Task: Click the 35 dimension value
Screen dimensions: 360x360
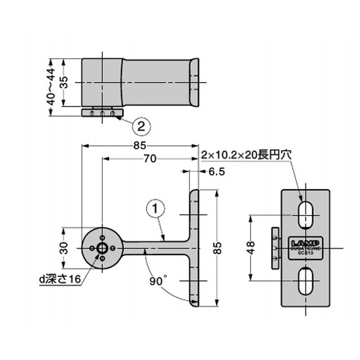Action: click(64, 82)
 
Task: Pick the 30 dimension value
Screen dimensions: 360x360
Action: click(64, 248)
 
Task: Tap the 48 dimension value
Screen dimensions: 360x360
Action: click(251, 247)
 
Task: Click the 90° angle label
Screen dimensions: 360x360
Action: click(158, 282)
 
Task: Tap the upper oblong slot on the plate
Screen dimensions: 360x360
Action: click(306, 212)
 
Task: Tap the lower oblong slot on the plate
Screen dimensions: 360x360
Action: click(306, 280)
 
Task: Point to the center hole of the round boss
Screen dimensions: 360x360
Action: click(103, 248)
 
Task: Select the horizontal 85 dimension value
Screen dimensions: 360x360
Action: click(139, 145)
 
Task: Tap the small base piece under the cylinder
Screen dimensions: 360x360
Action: click(103, 112)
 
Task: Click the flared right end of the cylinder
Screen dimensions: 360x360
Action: click(194, 83)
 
